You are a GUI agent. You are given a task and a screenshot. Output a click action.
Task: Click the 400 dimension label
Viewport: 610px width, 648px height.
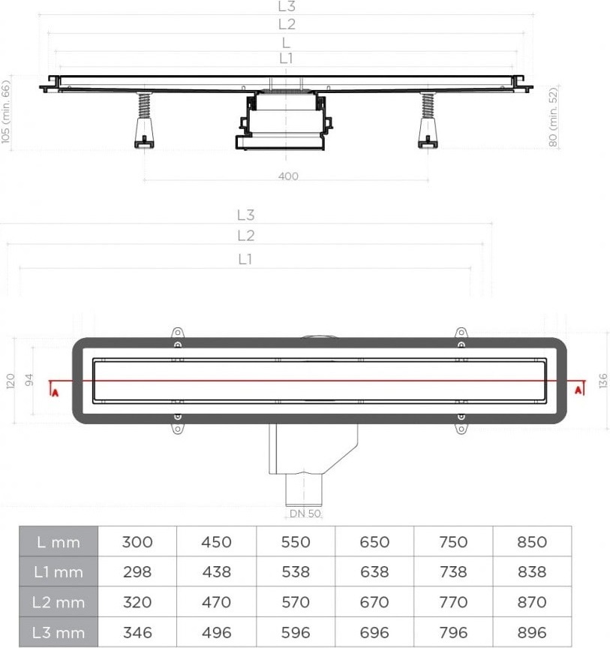288,176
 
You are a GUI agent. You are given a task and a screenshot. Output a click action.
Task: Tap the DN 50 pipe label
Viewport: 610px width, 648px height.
305,514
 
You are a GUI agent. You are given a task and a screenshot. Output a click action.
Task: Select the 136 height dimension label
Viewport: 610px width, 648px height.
603,381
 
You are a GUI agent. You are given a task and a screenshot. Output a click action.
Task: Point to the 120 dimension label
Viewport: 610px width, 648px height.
11,381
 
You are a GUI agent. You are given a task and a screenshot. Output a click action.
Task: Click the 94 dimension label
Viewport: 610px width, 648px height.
29,380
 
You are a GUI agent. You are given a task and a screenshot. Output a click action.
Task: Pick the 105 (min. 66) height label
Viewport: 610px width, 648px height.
6,112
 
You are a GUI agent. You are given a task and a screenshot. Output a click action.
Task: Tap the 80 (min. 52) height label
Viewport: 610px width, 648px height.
553,117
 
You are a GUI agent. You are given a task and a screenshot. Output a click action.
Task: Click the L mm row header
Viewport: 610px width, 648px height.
59,542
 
